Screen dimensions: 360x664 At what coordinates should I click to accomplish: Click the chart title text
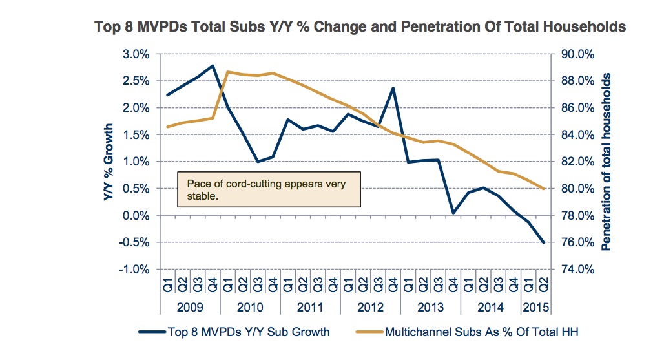click(x=360, y=26)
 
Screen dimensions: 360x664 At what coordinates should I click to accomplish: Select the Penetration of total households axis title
click(x=607, y=162)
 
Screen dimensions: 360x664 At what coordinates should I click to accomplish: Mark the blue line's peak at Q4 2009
click(x=213, y=65)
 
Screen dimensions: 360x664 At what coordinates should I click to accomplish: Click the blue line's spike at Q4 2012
click(x=393, y=88)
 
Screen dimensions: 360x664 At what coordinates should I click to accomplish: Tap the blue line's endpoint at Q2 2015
click(x=543, y=242)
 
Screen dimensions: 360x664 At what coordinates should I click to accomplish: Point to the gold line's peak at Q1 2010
click(x=228, y=72)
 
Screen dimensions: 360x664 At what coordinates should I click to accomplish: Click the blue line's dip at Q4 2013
click(x=453, y=213)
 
